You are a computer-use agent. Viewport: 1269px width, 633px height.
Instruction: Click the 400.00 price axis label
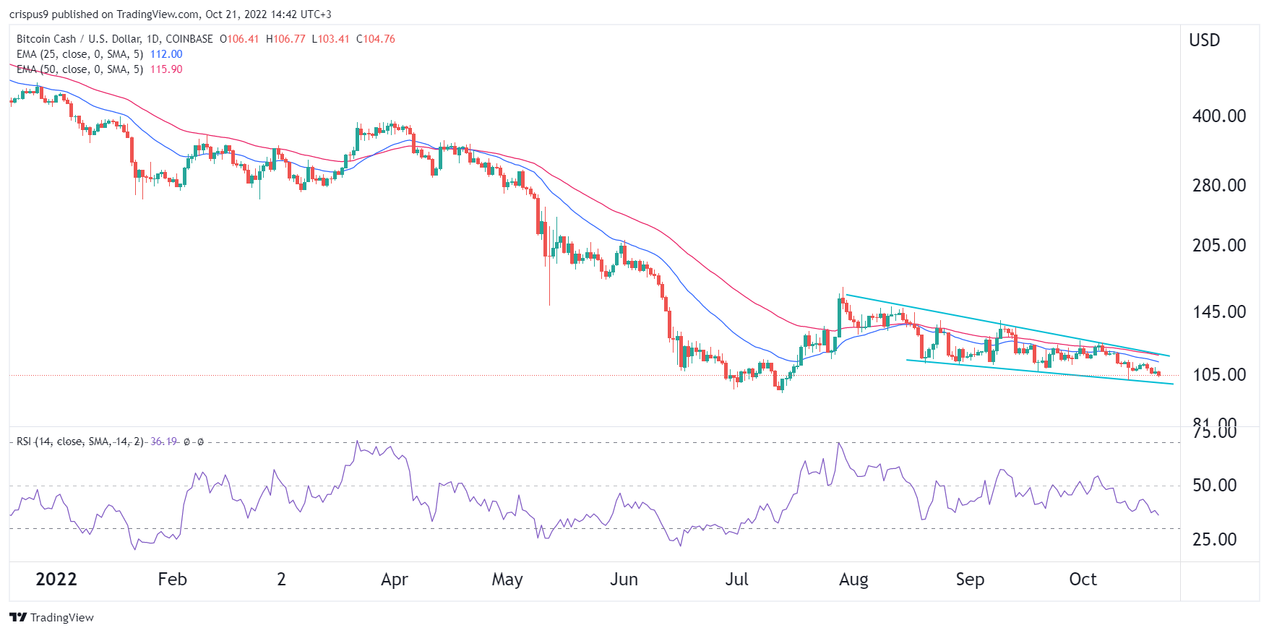tap(1218, 116)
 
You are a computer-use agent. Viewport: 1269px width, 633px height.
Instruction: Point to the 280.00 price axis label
tap(1218, 185)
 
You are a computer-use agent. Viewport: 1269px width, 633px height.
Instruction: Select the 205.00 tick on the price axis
tap(1218, 245)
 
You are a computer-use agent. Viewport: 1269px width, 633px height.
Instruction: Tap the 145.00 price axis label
tap(1218, 311)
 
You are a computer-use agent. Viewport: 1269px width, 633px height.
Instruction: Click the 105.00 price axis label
tap(1218, 374)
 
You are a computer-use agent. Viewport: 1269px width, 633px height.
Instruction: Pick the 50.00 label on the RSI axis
tap(1214, 485)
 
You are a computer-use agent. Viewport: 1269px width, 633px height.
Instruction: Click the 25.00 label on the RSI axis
tap(1214, 539)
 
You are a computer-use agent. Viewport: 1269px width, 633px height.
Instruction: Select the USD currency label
tap(1204, 40)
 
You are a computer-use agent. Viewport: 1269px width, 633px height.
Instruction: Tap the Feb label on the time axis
tap(172, 580)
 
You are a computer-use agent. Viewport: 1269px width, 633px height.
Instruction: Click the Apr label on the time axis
tap(395, 580)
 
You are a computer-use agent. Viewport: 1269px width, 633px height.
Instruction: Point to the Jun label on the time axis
tap(624, 580)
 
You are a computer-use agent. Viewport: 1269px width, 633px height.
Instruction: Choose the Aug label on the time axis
tap(853, 580)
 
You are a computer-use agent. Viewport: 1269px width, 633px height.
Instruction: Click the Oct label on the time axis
tap(1083, 580)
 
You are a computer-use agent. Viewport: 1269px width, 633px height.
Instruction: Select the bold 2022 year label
tap(56, 580)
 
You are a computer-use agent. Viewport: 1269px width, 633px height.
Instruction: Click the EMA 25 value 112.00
tap(166, 54)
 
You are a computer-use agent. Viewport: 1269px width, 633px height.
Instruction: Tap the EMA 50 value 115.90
tap(166, 69)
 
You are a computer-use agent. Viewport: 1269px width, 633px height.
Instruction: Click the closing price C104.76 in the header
tap(376, 39)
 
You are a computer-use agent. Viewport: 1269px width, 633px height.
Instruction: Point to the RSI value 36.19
tap(163, 442)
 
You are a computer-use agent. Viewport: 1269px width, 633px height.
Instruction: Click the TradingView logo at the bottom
tap(52, 617)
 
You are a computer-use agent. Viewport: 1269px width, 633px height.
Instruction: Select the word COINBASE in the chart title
tap(189, 39)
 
